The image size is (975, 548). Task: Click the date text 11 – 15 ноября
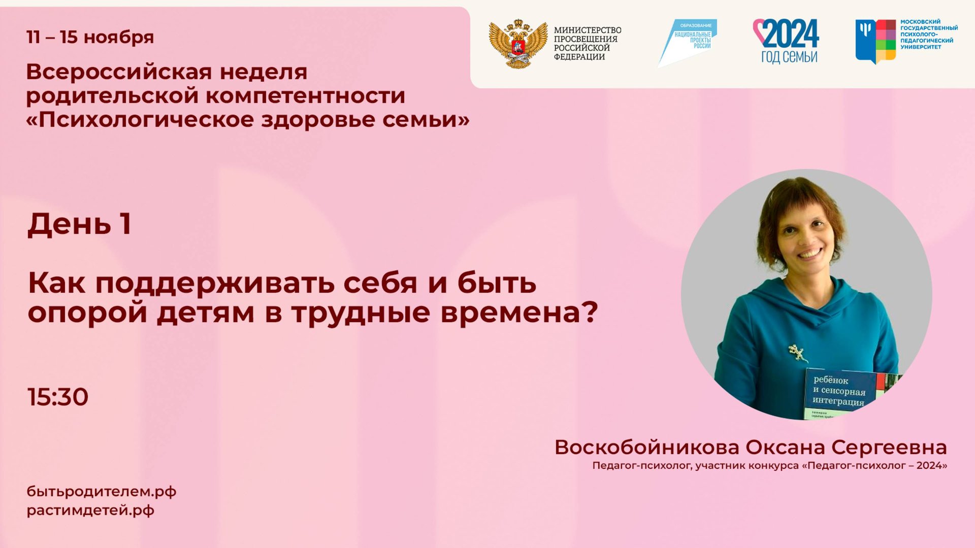90,37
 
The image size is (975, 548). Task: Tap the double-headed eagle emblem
518,44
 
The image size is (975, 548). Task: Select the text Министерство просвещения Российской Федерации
587,44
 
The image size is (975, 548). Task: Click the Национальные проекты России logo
688,43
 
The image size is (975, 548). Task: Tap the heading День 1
80,224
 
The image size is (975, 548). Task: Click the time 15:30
58,397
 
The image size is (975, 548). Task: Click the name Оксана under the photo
785,448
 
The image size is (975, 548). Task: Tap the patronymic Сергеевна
889,448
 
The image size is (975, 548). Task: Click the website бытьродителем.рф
102,492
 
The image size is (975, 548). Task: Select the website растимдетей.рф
90,510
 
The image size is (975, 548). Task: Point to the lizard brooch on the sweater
797,352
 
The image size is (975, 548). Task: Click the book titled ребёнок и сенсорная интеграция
843,393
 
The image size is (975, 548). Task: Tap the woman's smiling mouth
809,253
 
